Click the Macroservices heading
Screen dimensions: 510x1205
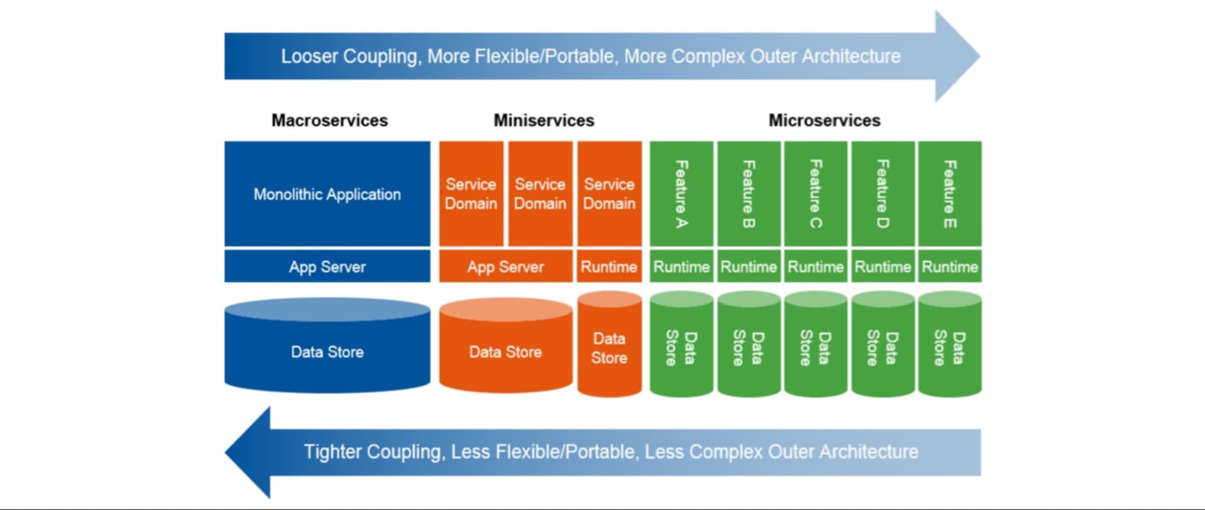pyautogui.click(x=329, y=120)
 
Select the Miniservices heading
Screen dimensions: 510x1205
pyautogui.click(x=544, y=120)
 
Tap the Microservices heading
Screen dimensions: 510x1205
pyautogui.click(x=824, y=120)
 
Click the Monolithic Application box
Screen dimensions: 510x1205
pyautogui.click(x=327, y=194)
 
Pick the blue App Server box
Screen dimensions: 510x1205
pyautogui.click(x=327, y=266)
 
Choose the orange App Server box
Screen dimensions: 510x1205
pyautogui.click(x=505, y=266)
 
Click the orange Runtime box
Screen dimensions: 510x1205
pyautogui.click(x=609, y=266)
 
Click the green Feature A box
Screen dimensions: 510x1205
pyautogui.click(x=681, y=194)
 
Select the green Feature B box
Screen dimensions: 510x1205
pyautogui.click(x=748, y=194)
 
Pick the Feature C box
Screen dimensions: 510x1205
pyautogui.click(x=815, y=194)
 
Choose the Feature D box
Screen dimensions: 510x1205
pyautogui.click(x=882, y=194)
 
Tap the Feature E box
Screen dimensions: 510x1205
pyautogui.click(x=950, y=194)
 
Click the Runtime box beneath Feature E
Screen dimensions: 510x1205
pyautogui.click(x=950, y=266)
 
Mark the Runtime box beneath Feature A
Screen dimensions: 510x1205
pyautogui.click(x=681, y=266)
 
